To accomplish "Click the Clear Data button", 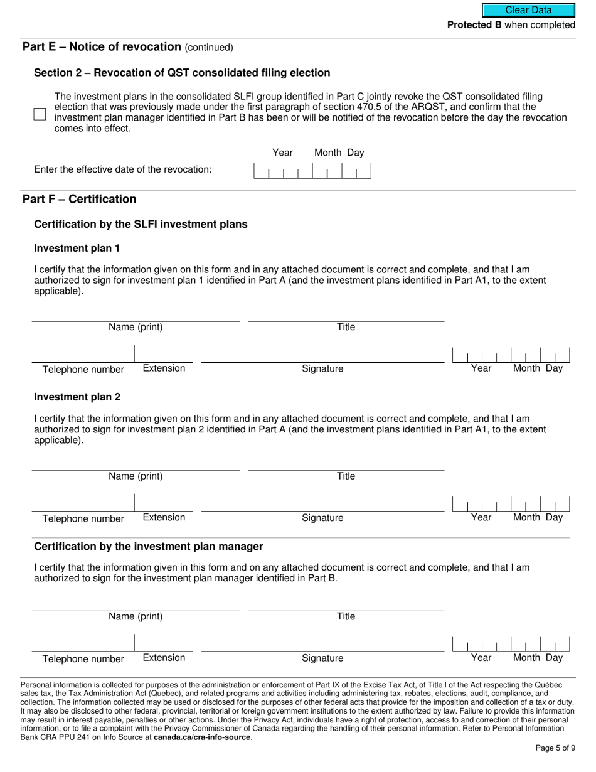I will click(528, 10).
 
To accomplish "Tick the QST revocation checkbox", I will click(40, 114).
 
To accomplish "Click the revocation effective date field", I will click(312, 171).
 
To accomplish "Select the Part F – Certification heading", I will click(79, 199).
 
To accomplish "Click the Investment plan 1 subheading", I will click(77, 248).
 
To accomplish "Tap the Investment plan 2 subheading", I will click(77, 397).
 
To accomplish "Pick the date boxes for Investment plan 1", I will click(511, 355).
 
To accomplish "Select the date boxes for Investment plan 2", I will click(511, 504).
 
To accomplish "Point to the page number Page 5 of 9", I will click(555, 748).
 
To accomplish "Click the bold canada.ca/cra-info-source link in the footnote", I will click(202, 737).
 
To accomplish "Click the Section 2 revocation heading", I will click(182, 73).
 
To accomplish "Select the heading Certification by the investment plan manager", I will click(149, 546).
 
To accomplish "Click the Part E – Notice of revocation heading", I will click(102, 46).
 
